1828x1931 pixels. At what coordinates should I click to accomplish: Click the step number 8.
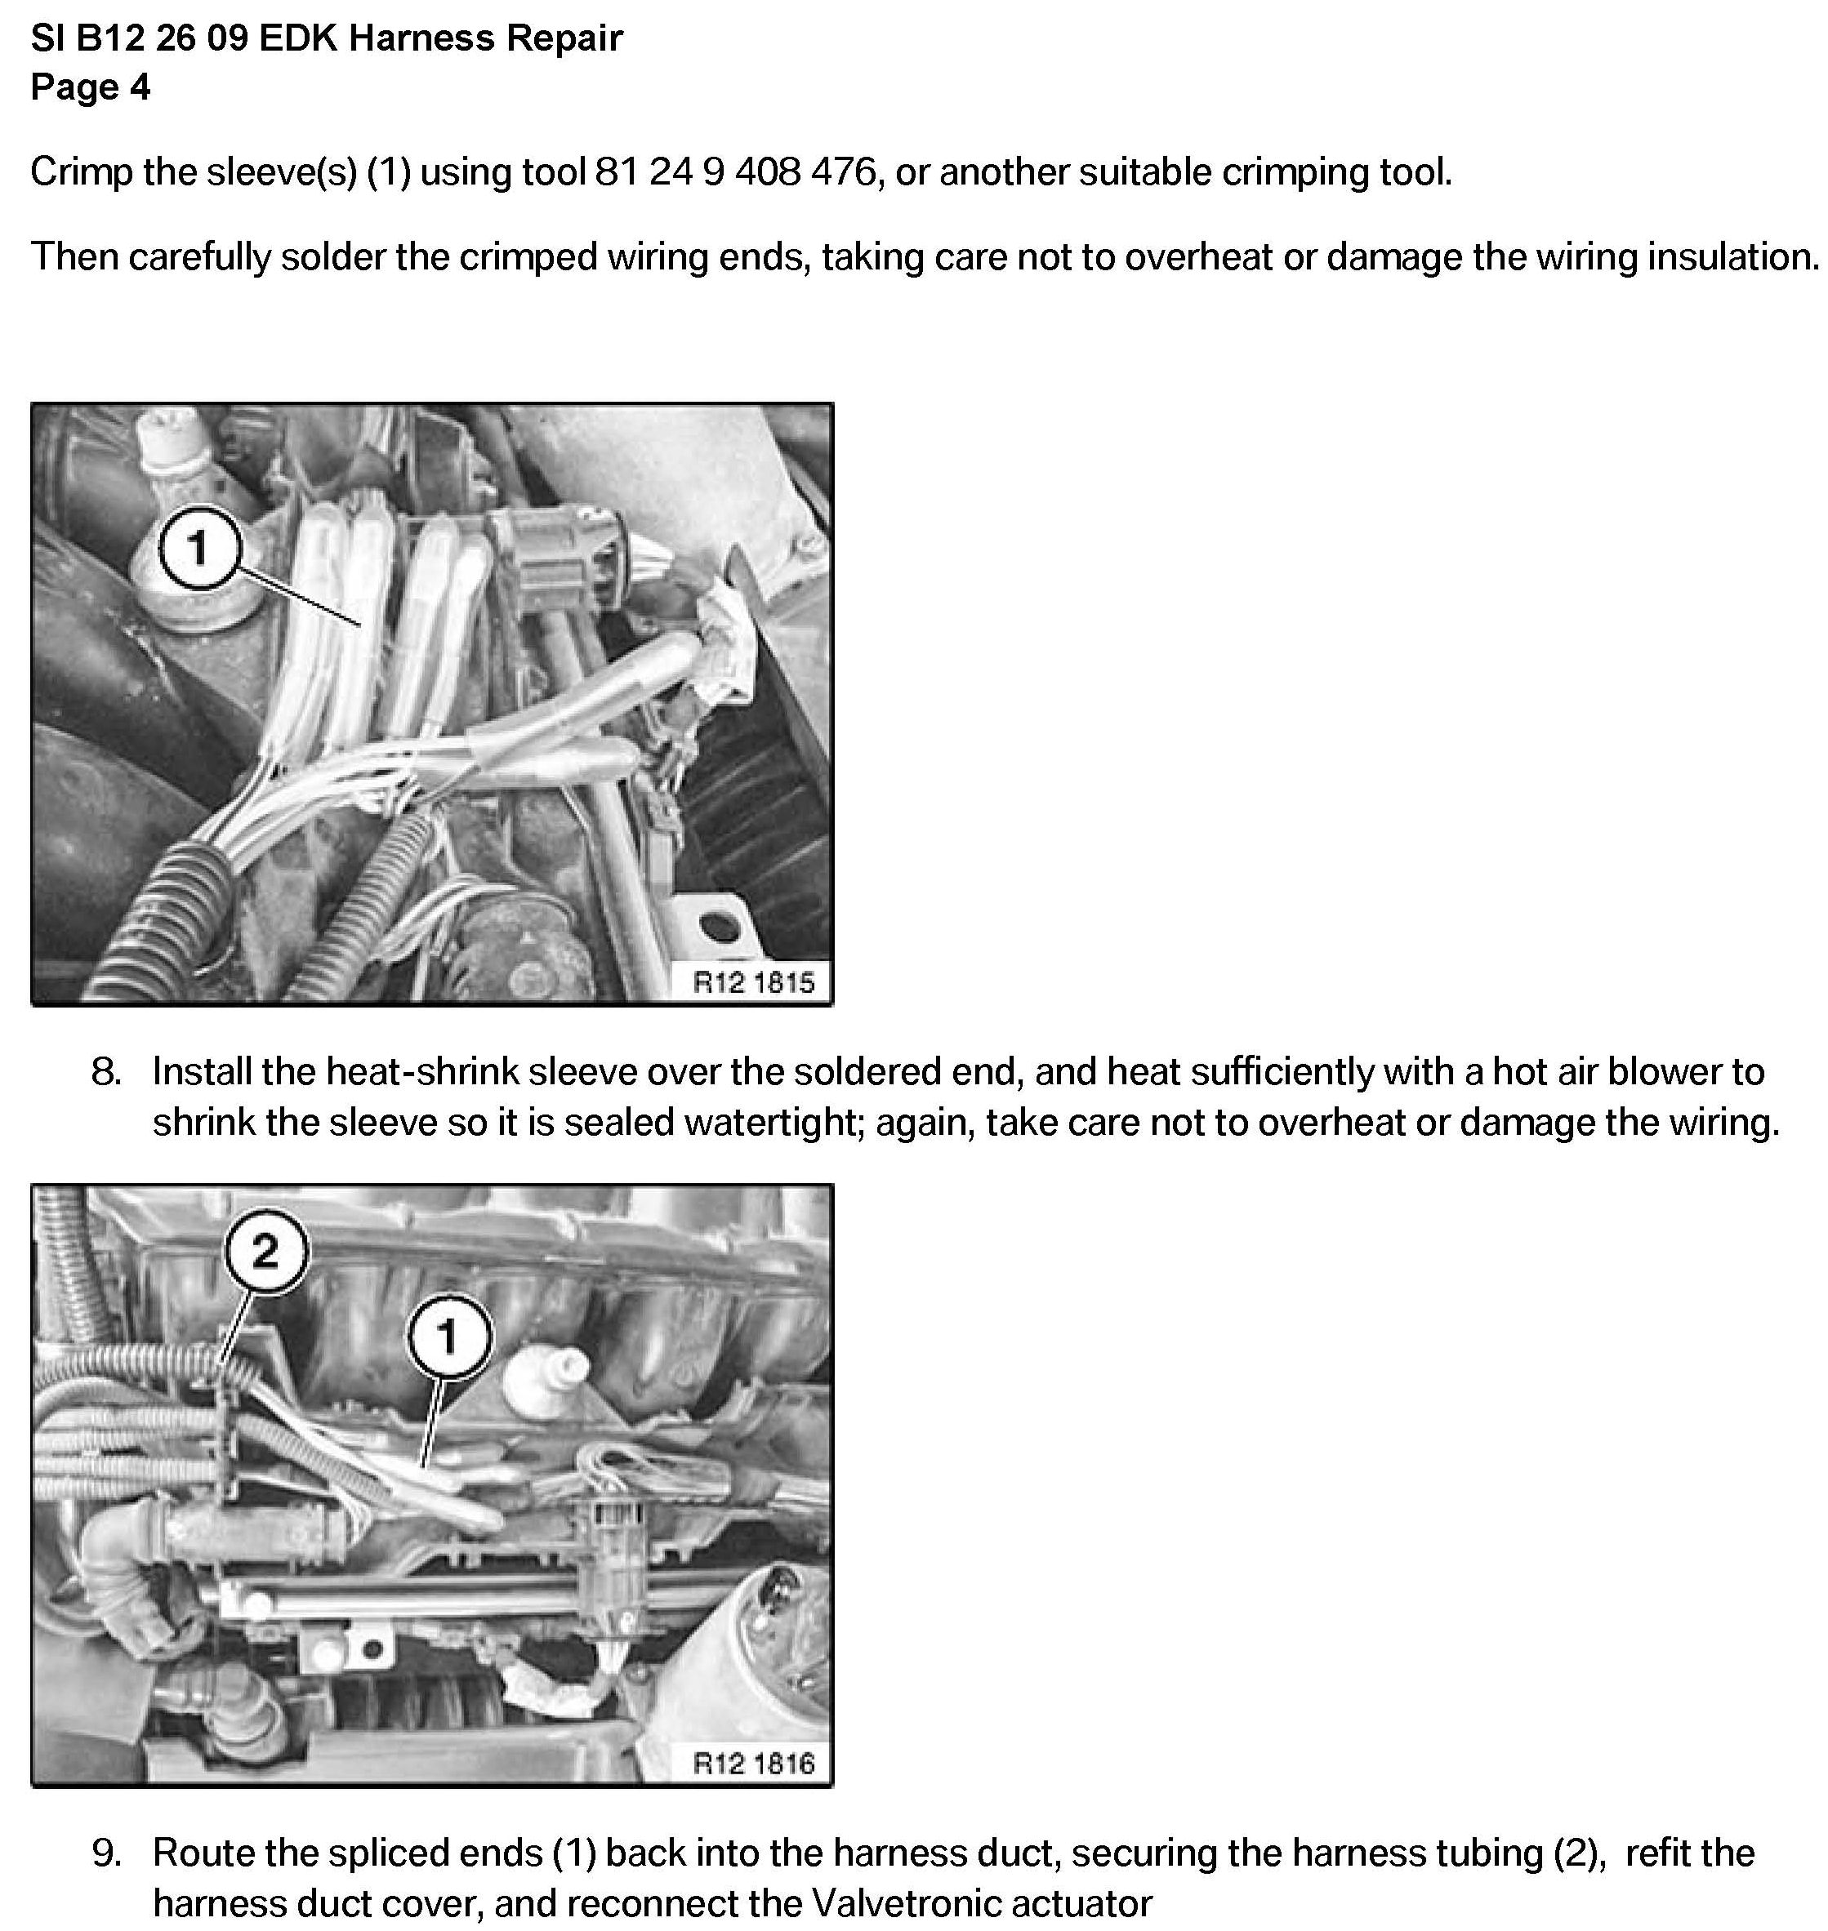(106, 1073)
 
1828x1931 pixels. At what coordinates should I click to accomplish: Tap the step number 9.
(106, 1854)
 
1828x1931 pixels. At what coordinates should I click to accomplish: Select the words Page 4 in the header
(91, 87)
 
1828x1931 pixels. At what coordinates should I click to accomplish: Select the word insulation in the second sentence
(1732, 257)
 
